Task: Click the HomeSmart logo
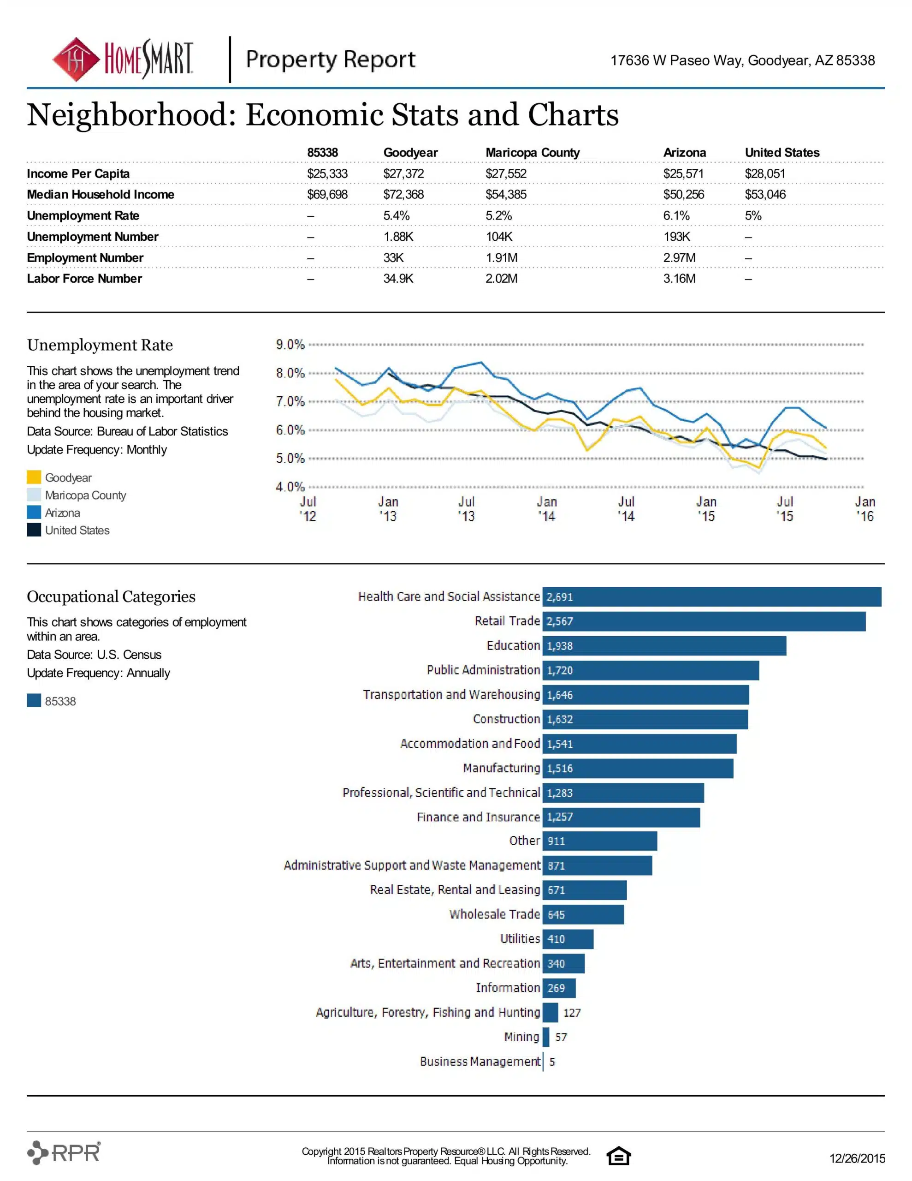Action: tap(123, 59)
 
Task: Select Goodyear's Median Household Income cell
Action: tap(403, 195)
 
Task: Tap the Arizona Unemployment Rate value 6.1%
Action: tap(676, 216)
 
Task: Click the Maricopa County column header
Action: tap(533, 153)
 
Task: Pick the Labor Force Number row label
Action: tap(84, 279)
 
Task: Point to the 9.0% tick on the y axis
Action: tap(290, 345)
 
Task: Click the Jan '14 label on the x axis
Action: tap(546, 509)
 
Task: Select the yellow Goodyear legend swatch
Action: tap(34, 477)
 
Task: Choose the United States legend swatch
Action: tap(34, 530)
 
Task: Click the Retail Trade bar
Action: tap(704, 621)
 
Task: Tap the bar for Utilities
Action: tap(568, 939)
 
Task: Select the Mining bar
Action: tap(546, 1037)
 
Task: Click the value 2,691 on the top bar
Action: tap(560, 597)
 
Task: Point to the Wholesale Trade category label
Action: tap(495, 914)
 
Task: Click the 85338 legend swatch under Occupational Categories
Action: tap(34, 701)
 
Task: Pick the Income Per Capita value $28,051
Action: tap(765, 173)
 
